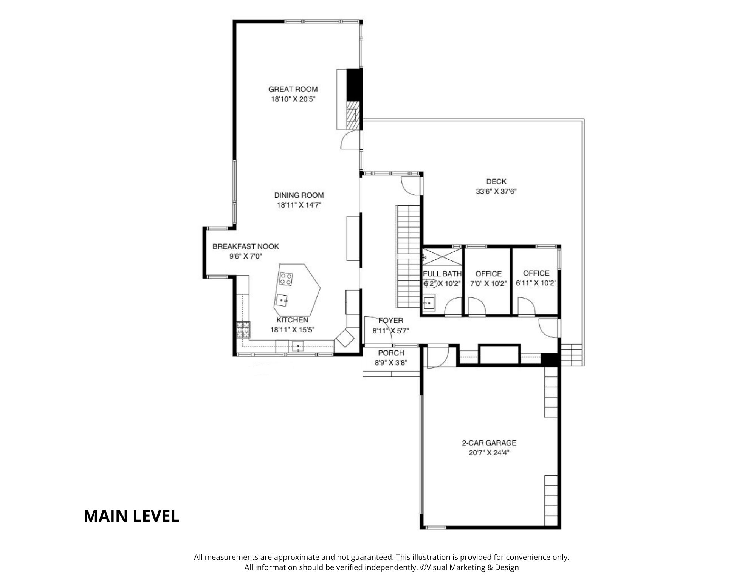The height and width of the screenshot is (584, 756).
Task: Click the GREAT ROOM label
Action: (293, 89)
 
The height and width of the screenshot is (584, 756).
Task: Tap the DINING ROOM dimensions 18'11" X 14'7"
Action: (299, 205)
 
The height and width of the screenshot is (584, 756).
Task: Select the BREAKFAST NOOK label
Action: (246, 246)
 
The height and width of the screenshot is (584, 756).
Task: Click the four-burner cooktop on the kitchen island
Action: (286, 279)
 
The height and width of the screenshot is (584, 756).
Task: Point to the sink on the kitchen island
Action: (282, 300)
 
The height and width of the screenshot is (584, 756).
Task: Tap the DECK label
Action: (496, 181)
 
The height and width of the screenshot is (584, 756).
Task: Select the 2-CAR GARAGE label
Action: (489, 443)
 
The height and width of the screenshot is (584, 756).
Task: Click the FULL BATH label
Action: (442, 274)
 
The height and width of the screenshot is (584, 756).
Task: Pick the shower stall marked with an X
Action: (442, 257)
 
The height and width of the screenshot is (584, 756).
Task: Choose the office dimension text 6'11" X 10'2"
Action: (536, 283)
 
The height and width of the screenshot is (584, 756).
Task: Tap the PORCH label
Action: (391, 353)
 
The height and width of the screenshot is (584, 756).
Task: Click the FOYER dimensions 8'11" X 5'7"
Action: (391, 331)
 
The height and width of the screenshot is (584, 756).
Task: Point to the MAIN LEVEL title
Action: (131, 516)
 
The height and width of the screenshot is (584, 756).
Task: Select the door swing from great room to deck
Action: (350, 139)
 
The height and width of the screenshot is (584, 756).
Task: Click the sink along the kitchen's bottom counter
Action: (298, 346)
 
